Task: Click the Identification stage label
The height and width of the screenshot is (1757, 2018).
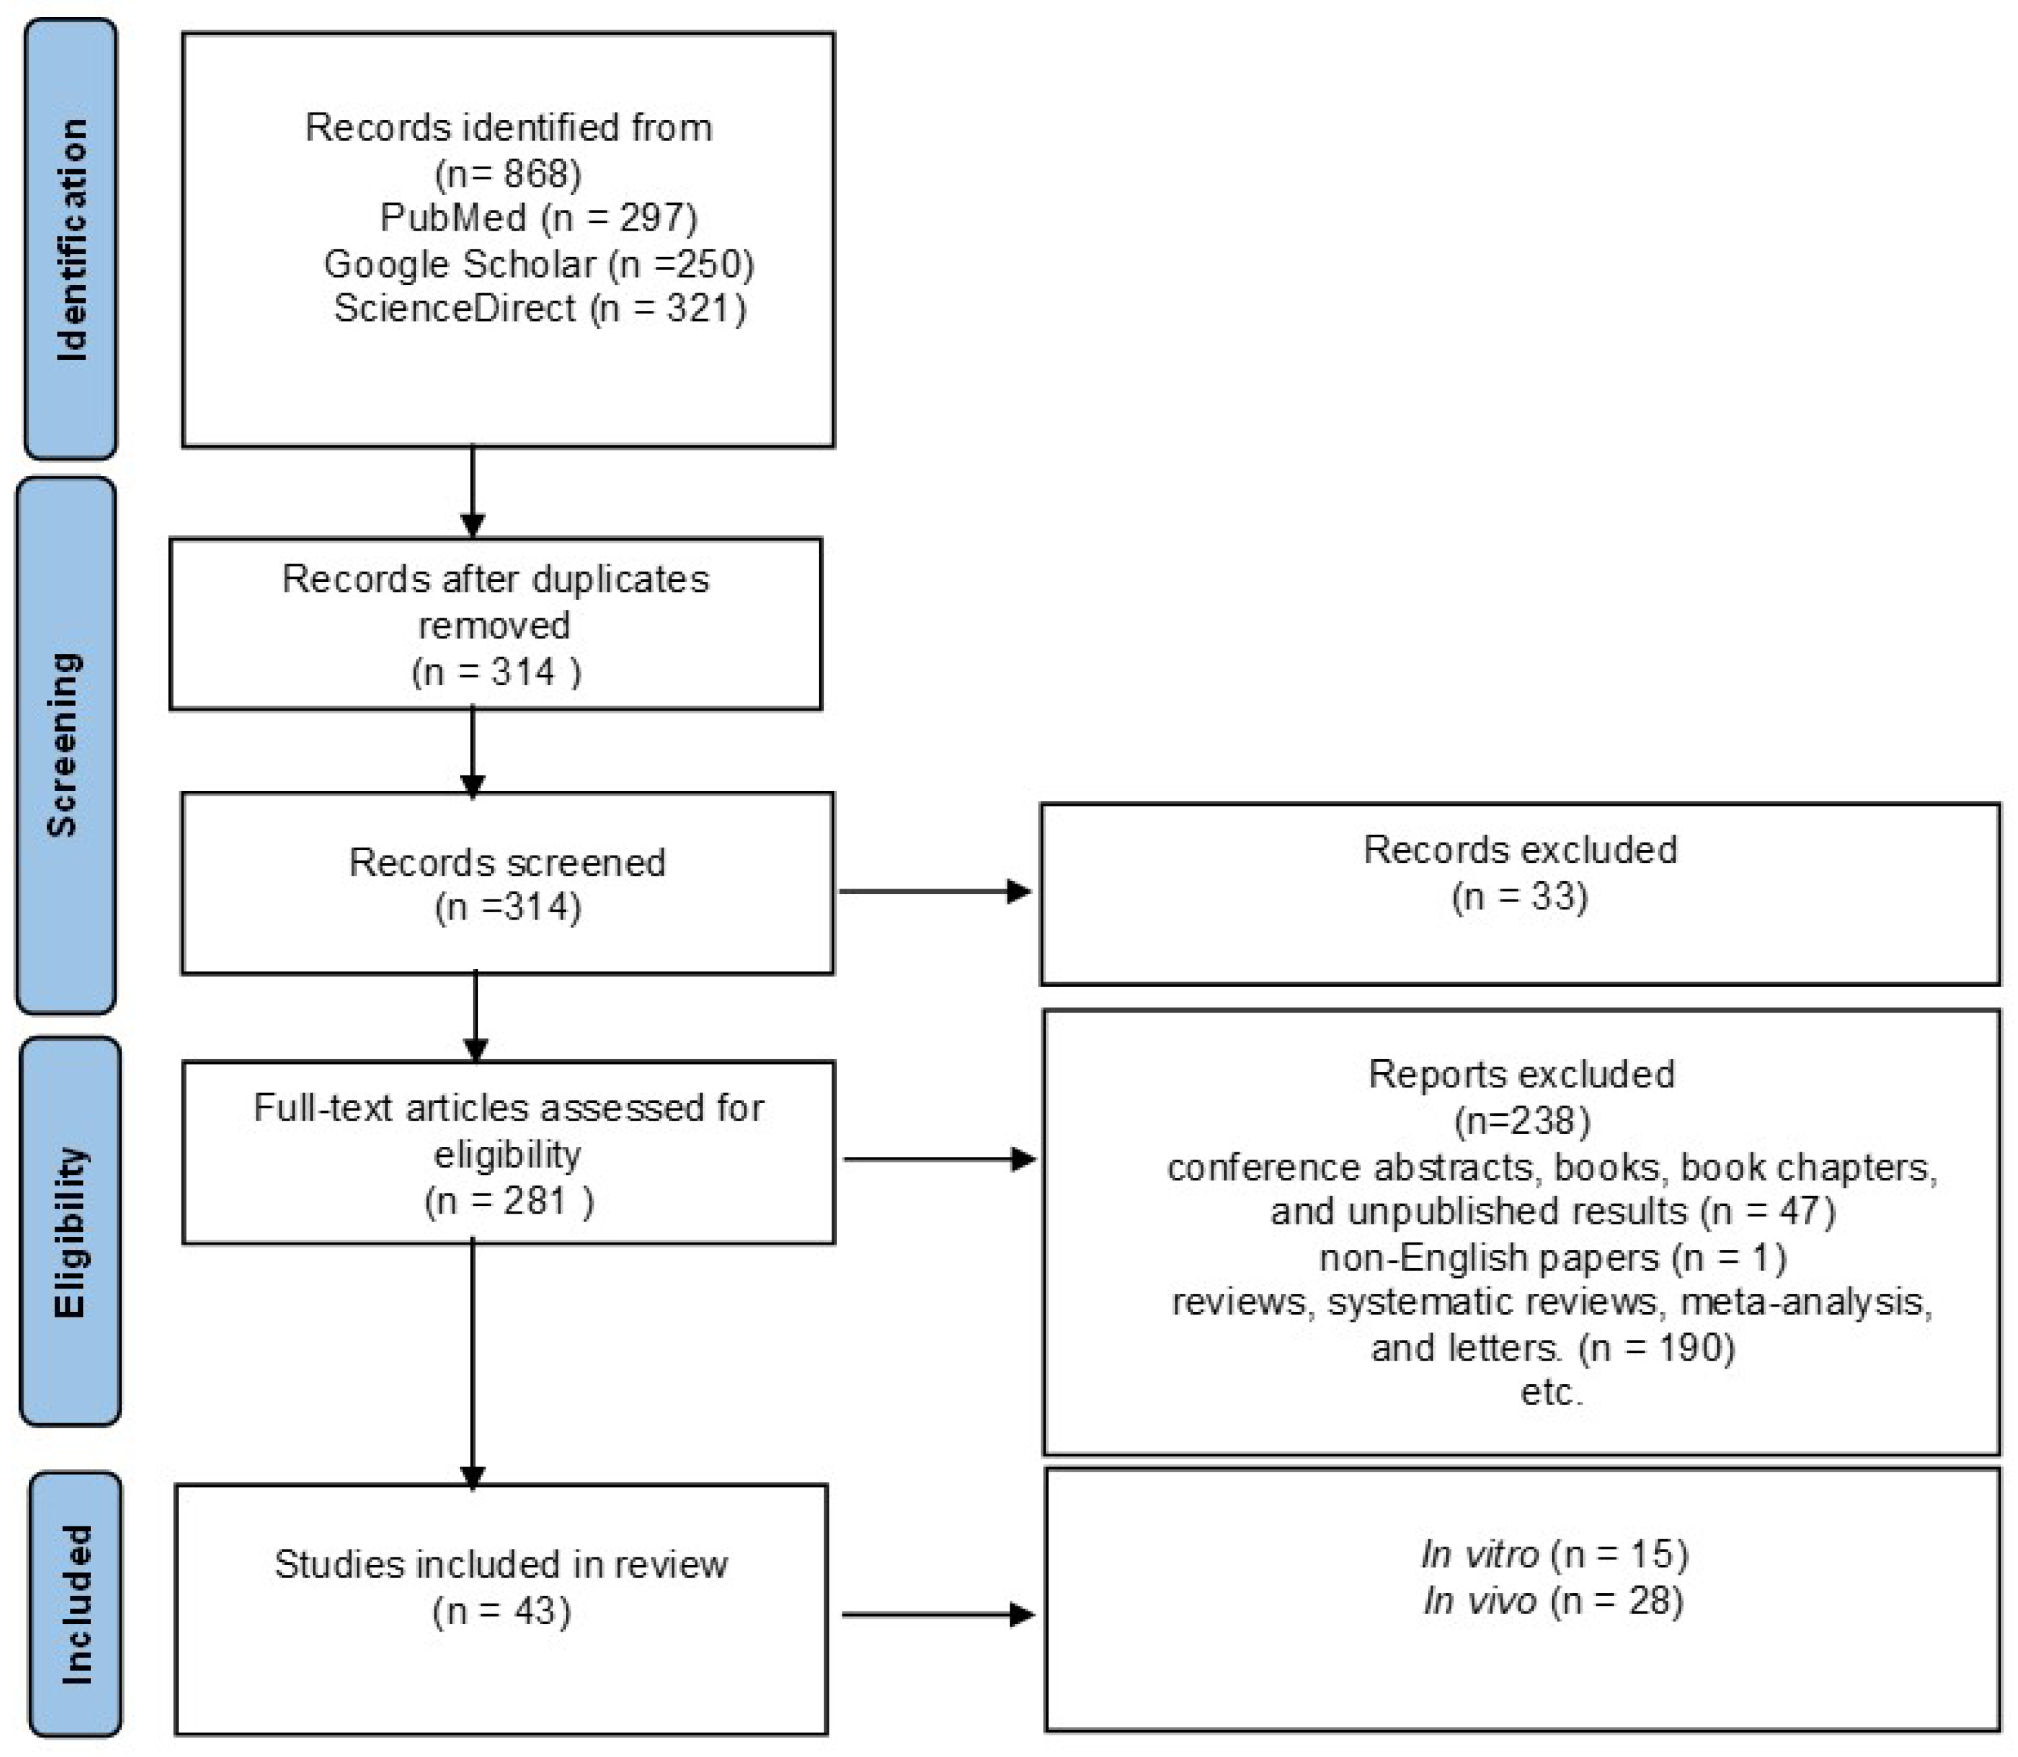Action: [71, 239]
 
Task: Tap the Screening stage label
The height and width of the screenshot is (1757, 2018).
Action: [65, 745]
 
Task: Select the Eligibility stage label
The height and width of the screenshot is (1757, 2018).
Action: [71, 1232]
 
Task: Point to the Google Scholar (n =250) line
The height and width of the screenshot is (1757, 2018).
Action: [538, 264]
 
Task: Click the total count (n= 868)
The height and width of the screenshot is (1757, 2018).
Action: [508, 173]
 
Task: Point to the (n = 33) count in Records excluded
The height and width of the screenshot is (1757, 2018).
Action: [1519, 896]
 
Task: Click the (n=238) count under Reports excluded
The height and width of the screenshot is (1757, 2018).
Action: [1522, 1120]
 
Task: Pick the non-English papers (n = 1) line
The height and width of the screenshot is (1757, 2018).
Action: [1552, 1257]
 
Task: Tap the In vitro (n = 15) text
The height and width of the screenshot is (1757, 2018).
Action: [1553, 1554]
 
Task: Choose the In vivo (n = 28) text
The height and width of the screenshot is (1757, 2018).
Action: [1553, 1601]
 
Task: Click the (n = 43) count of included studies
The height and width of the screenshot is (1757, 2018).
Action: [501, 1611]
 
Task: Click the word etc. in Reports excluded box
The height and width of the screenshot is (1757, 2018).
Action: [1551, 1392]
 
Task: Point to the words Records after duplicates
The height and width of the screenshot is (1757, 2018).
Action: [495, 578]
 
